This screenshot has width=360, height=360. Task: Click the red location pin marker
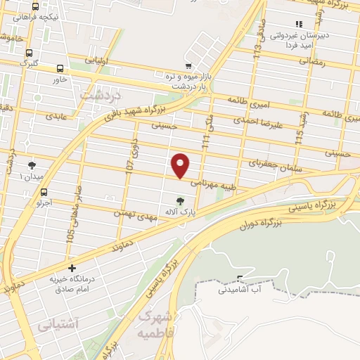tap(181, 165)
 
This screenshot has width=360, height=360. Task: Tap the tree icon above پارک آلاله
tap(181, 200)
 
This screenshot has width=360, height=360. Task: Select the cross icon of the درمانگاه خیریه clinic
tap(72, 268)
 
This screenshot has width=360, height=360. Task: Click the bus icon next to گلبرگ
tap(29, 52)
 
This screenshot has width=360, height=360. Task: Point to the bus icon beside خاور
tap(60, 69)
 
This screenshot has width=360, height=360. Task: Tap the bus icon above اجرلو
tap(44, 192)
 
